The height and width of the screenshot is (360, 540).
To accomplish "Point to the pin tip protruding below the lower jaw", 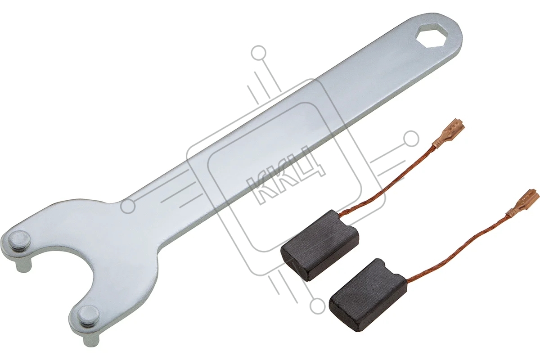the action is tap(92, 338).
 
